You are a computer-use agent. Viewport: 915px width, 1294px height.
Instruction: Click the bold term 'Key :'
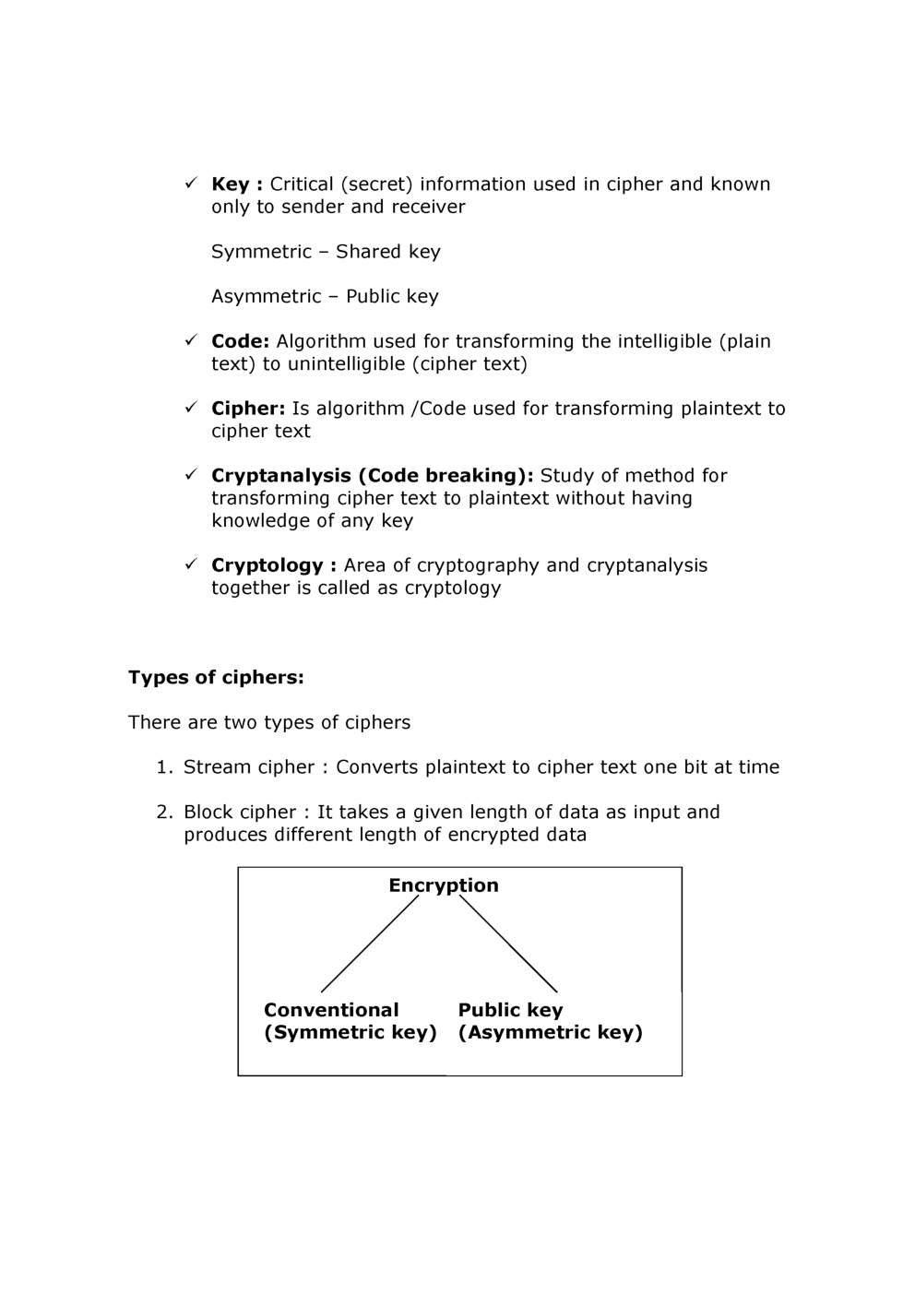click(x=237, y=184)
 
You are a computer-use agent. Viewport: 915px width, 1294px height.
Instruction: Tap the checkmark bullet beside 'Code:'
click(x=191, y=340)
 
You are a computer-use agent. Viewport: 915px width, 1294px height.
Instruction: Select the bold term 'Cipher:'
click(x=248, y=409)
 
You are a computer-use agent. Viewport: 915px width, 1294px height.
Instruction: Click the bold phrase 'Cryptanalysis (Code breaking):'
click(x=372, y=476)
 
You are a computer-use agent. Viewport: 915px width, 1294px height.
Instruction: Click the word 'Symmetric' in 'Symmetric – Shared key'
click(x=261, y=252)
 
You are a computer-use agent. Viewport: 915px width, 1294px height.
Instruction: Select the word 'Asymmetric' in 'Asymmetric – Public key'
click(x=266, y=297)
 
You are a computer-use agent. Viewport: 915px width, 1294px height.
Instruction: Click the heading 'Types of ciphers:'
click(x=216, y=678)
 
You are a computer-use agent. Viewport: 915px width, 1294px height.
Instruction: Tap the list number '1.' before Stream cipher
click(x=164, y=767)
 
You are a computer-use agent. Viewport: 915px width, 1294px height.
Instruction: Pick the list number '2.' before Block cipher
click(x=164, y=813)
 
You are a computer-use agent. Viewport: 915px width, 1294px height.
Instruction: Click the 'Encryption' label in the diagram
click(x=443, y=885)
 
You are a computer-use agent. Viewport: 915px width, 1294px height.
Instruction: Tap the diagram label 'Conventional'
click(x=331, y=1010)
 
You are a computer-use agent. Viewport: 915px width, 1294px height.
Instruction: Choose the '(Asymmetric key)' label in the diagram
click(x=550, y=1032)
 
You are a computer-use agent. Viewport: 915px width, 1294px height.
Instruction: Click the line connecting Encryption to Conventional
click(x=370, y=944)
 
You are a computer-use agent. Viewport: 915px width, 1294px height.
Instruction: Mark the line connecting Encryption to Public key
click(x=508, y=944)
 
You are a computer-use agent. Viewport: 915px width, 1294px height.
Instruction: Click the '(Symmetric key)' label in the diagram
click(x=350, y=1032)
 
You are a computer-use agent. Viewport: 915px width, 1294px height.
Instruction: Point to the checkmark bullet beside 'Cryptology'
click(x=191, y=564)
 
